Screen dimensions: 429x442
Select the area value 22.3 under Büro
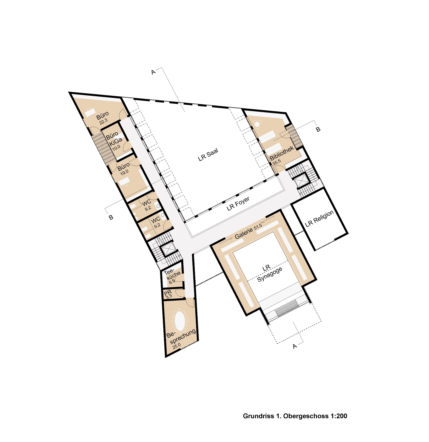[x=103, y=121]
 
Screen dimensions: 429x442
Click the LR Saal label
[x=208, y=155]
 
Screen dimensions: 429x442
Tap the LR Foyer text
[x=238, y=204]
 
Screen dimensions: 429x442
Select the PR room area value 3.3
[x=169, y=296]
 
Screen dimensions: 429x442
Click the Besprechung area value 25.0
[x=177, y=346]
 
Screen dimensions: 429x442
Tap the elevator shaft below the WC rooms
[x=169, y=249]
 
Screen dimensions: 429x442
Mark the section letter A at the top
[x=154, y=72]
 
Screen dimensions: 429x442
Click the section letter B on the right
[x=318, y=129]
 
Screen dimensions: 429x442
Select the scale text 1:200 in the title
[x=339, y=416]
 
